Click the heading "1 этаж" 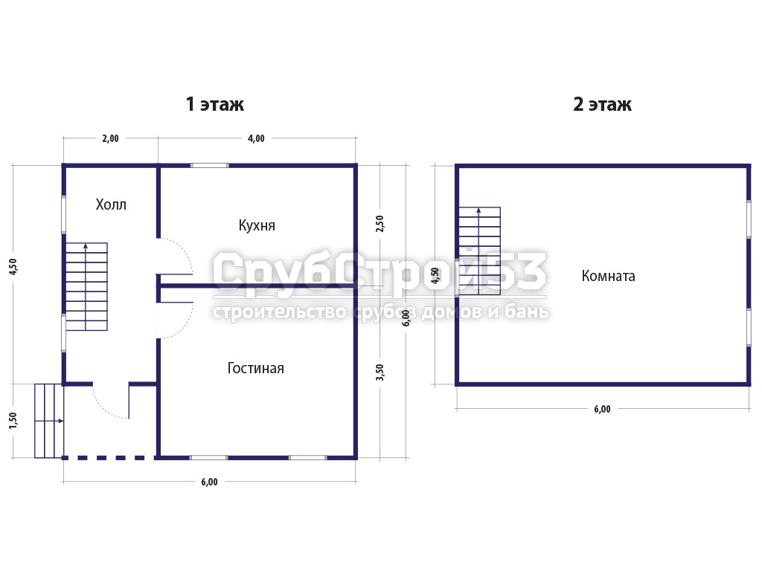[215, 104]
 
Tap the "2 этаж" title [602, 104]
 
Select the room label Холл [111, 204]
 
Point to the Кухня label [257, 225]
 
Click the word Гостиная [256, 368]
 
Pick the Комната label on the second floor [609, 276]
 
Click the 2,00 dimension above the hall [110, 138]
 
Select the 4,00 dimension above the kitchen [256, 138]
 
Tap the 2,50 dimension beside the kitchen [380, 223]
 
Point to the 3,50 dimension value [380, 372]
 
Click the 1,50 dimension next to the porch [13, 421]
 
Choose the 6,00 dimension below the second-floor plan [602, 409]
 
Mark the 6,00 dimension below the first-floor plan [209, 482]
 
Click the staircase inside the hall [86, 286]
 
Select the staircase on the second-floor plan [480, 251]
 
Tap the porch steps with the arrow [48, 421]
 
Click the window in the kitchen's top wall [209, 166]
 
